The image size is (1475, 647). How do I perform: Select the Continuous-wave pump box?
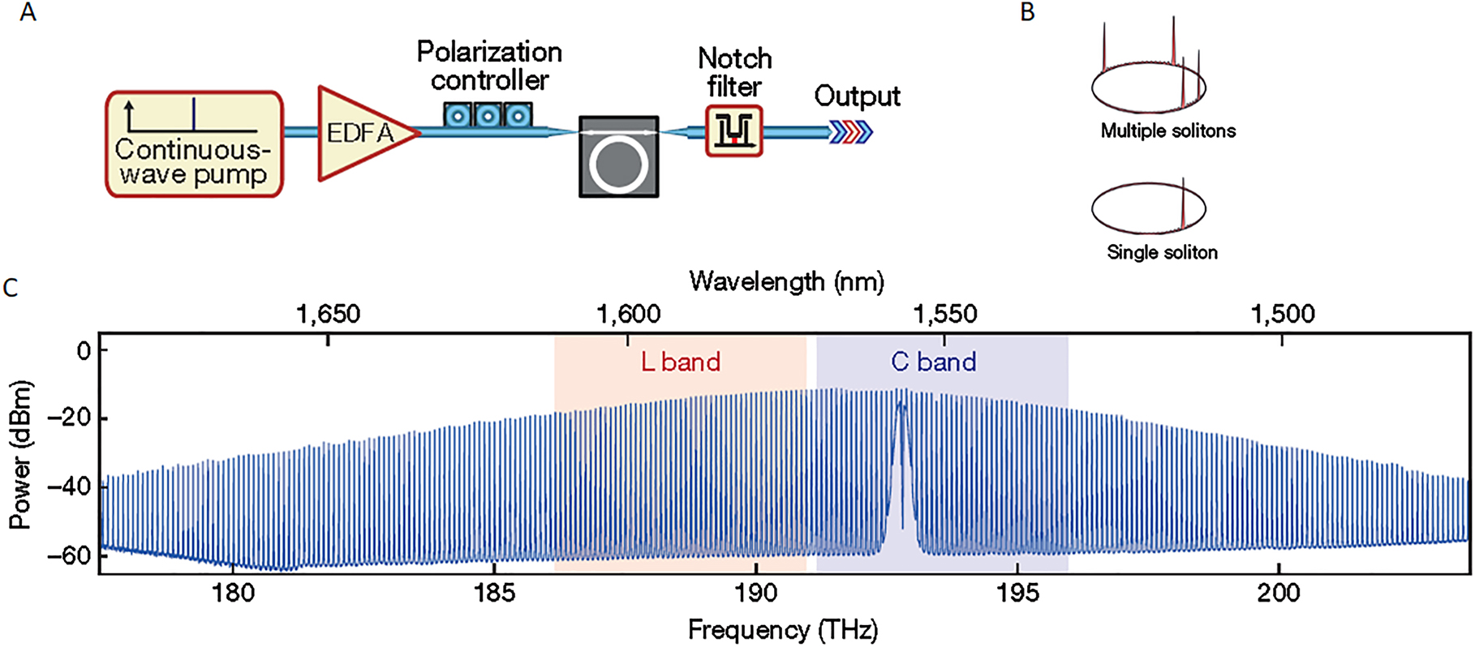click(x=194, y=144)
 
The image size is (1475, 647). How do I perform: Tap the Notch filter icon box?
click(x=733, y=131)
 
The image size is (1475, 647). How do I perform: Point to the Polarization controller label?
click(x=489, y=66)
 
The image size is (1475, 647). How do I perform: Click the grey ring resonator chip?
click(x=618, y=156)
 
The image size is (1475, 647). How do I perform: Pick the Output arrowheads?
click(x=850, y=131)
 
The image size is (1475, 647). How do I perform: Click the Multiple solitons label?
click(x=1168, y=131)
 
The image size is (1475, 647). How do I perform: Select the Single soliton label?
click(x=1162, y=252)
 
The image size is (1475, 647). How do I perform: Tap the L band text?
click(x=680, y=362)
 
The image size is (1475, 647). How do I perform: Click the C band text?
click(x=933, y=362)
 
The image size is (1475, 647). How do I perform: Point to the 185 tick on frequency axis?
click(x=494, y=593)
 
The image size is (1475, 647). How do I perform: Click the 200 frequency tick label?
click(x=1279, y=593)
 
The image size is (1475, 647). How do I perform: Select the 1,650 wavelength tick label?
click(x=328, y=314)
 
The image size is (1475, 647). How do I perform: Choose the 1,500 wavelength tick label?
click(x=1282, y=314)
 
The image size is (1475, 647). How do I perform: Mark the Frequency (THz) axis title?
click(x=783, y=630)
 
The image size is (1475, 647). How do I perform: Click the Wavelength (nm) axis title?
click(x=786, y=281)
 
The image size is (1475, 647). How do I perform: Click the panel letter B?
click(x=1027, y=13)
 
